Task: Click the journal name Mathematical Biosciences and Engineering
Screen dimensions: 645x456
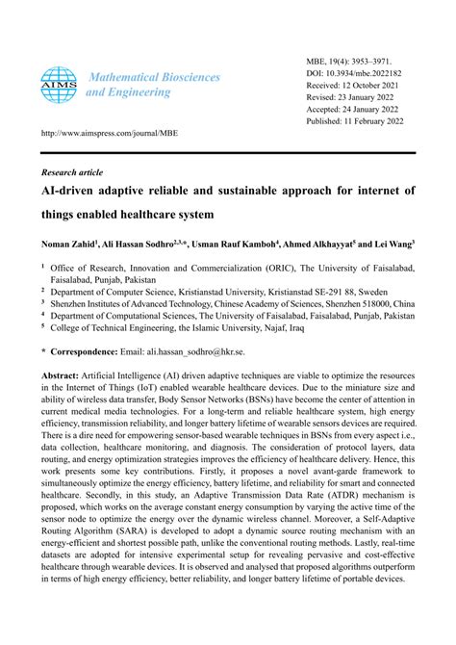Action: [x=153, y=85]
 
